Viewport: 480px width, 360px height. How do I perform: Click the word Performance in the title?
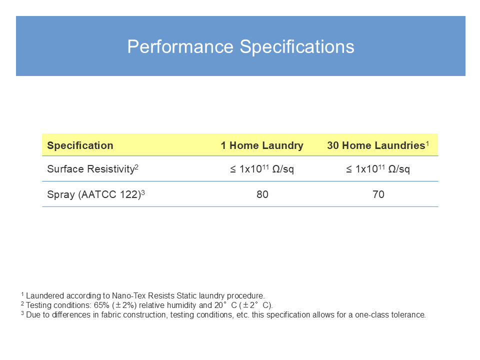[180, 47]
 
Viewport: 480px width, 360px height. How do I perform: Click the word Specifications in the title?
[297, 47]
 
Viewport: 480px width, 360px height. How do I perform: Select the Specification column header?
[80, 145]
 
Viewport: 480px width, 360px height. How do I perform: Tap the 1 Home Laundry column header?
[262, 145]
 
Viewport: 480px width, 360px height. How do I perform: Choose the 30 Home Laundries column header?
[378, 145]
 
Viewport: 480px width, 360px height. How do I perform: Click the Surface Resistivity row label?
[93, 169]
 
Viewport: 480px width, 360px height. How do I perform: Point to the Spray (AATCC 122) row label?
[96, 194]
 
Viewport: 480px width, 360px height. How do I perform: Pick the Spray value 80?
[262, 194]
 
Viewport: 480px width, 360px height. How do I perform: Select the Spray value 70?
[378, 194]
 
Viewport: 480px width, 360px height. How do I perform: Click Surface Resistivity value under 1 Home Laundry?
[262, 169]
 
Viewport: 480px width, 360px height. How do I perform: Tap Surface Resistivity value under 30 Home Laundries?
[378, 169]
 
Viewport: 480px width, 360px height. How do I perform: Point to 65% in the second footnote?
[101, 305]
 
